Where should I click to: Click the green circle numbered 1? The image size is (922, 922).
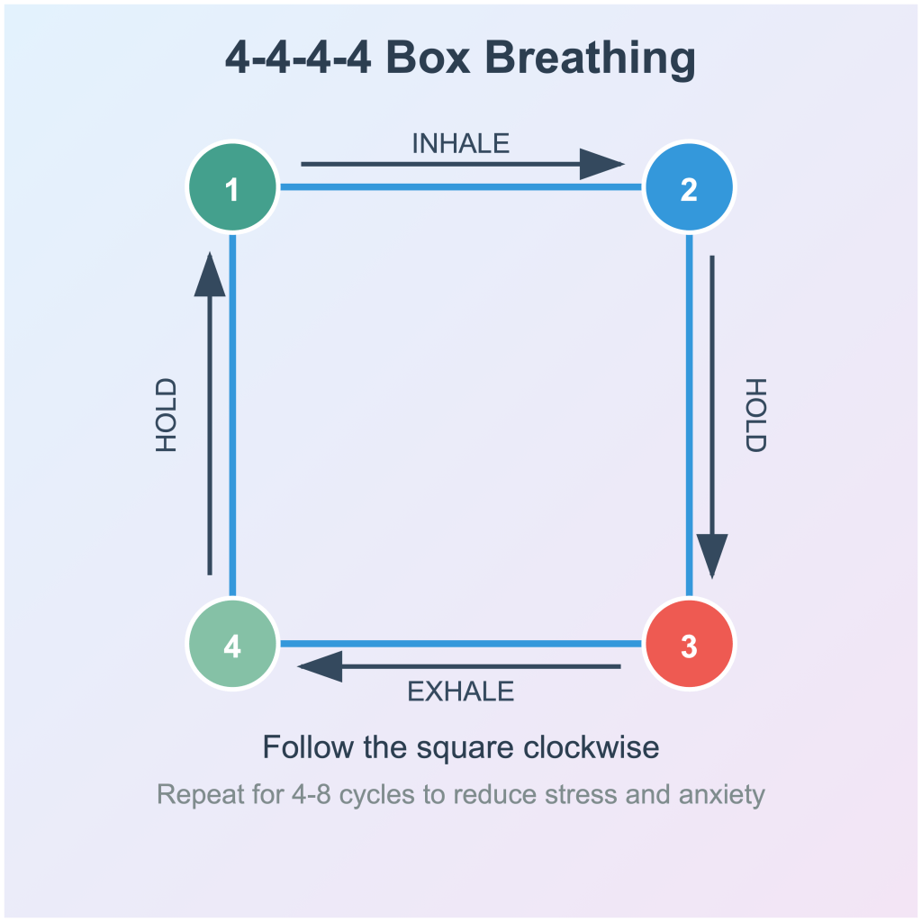coord(232,188)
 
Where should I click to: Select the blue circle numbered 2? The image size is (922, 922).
coord(690,188)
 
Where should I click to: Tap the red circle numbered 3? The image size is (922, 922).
coord(690,645)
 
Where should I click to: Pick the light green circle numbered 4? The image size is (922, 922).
coord(232,645)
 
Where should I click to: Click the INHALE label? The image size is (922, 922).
coord(460,144)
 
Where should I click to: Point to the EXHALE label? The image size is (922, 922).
coord(460,691)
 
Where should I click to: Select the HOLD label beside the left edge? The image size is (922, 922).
coord(167,415)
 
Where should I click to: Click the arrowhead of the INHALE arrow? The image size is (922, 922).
coord(601,165)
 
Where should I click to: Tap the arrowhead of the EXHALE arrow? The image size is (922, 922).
coord(320,667)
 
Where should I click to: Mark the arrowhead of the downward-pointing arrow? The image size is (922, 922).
coord(712,555)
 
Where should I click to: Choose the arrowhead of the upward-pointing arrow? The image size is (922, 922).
coord(210,275)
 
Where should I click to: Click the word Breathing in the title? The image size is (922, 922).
coord(591,59)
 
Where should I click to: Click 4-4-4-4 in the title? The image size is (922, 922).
coord(298,59)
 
